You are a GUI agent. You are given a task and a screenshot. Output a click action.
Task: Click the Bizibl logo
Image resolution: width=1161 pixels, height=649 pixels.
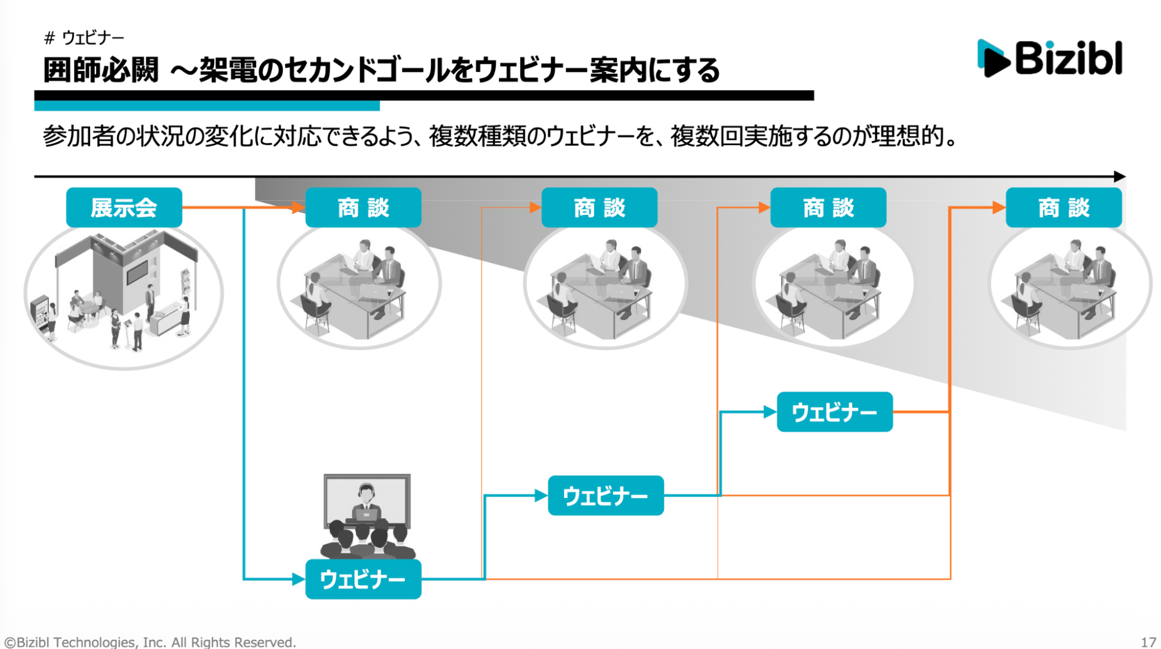[x=1050, y=58]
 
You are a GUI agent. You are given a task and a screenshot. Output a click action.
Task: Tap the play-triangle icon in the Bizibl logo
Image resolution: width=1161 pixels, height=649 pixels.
[x=994, y=58]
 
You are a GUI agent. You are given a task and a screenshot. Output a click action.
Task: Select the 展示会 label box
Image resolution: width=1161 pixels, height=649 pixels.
[x=124, y=207]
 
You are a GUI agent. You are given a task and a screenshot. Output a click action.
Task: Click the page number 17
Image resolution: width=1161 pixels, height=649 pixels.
[x=1148, y=642]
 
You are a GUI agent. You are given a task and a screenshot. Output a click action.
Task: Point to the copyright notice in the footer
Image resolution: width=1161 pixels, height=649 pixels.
[x=150, y=642]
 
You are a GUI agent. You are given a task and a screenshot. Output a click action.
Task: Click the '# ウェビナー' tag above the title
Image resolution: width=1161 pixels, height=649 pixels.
[x=84, y=38]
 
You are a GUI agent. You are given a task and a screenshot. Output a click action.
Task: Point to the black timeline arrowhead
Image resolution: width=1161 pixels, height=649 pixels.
[x=1120, y=176]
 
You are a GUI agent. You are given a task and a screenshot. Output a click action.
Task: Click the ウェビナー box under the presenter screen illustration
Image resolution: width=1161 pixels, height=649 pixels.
[x=363, y=579]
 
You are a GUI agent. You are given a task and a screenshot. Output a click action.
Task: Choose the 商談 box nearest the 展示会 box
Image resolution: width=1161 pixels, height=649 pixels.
[x=363, y=207]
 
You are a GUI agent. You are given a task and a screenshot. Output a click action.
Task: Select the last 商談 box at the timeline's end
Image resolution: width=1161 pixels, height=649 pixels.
[x=1063, y=207]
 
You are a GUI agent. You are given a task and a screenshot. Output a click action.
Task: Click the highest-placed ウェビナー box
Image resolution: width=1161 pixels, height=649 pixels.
[x=834, y=412]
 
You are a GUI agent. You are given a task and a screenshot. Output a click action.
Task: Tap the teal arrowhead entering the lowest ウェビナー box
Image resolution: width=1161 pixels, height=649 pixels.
[x=299, y=579]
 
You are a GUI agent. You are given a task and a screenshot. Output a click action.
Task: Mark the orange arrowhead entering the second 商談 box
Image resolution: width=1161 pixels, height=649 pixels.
[x=535, y=207]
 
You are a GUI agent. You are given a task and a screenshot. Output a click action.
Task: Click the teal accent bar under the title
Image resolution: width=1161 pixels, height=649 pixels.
[x=207, y=106]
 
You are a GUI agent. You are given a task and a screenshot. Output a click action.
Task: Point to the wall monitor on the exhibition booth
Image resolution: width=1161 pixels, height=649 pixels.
[x=138, y=271]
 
